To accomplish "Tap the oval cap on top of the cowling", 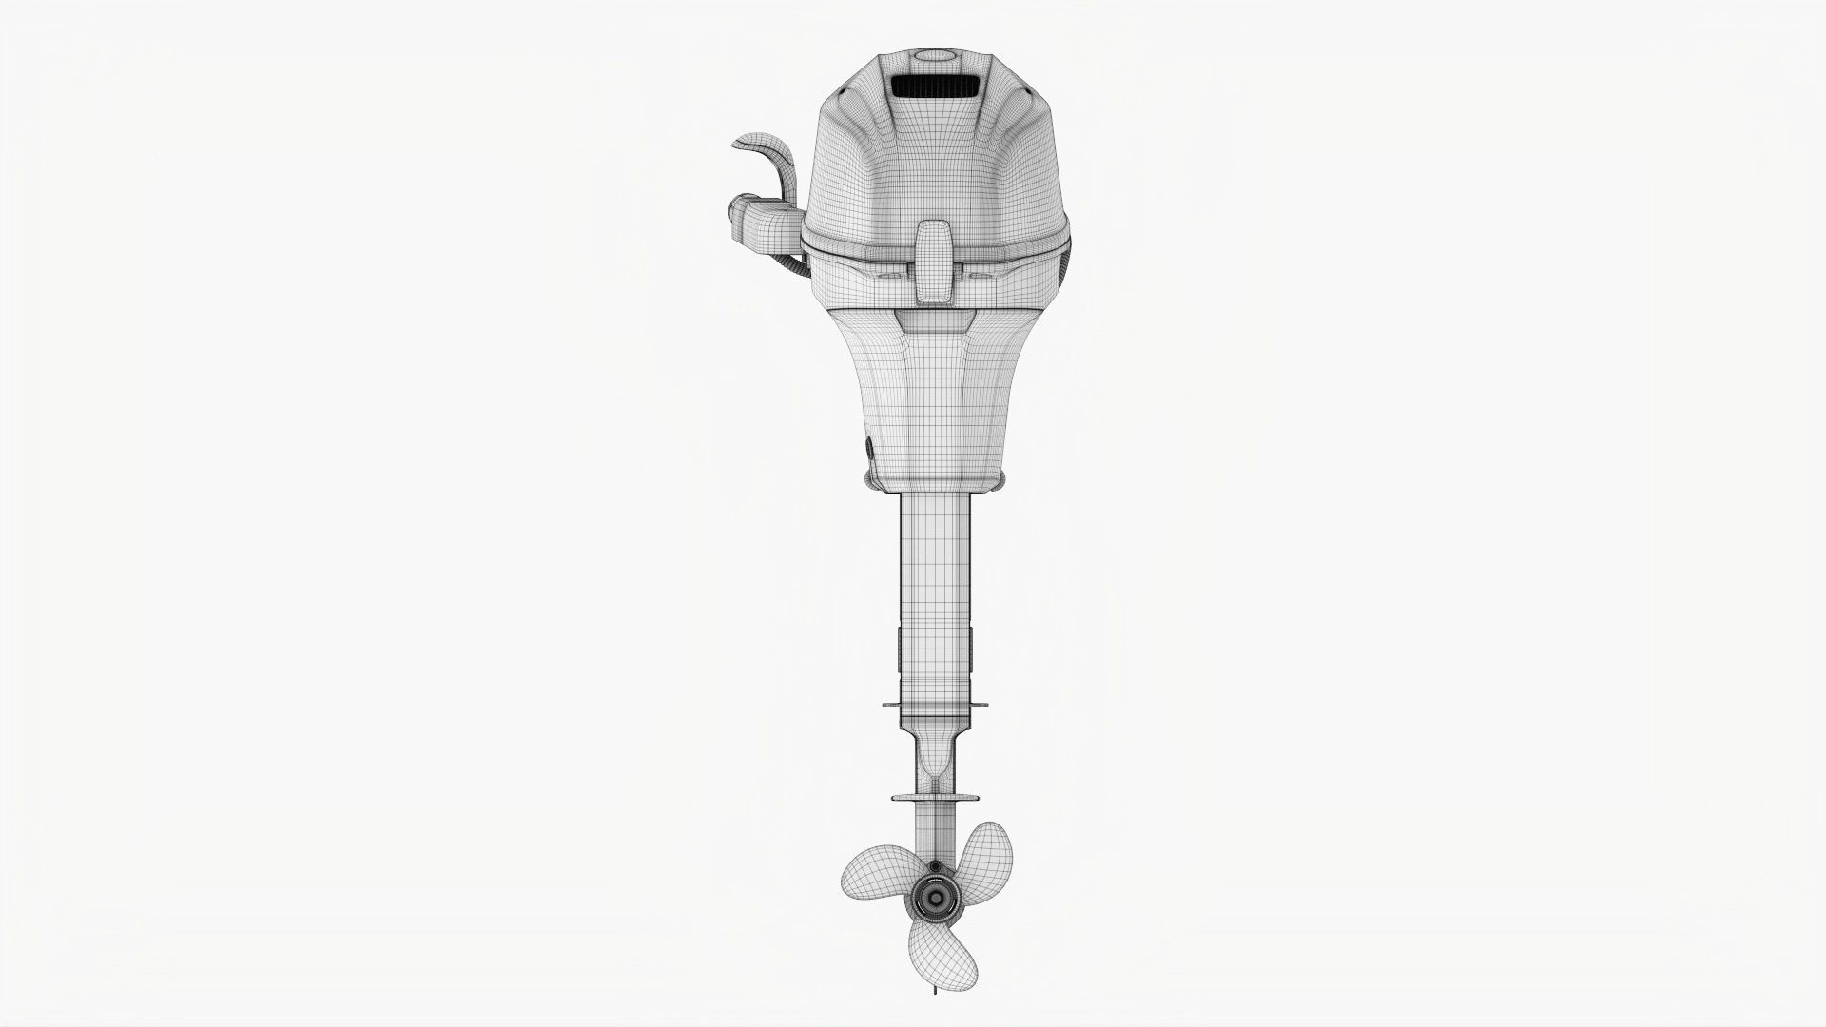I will [x=934, y=56].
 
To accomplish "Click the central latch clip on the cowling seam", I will [x=934, y=263].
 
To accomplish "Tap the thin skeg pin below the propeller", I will [x=933, y=1016].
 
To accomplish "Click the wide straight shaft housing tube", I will [x=934, y=590].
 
